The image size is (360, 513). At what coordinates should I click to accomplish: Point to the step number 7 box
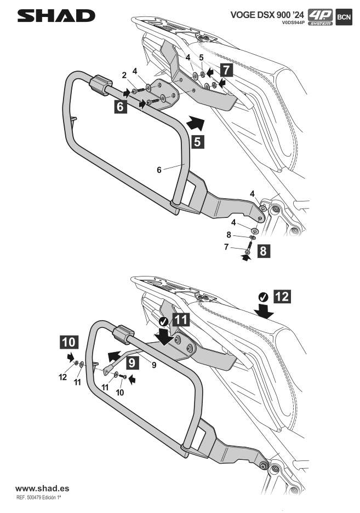click(226, 70)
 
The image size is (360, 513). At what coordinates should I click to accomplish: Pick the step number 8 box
click(263, 252)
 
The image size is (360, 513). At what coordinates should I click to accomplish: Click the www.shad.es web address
click(42, 487)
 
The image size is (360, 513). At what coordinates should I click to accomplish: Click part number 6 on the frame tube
click(159, 170)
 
